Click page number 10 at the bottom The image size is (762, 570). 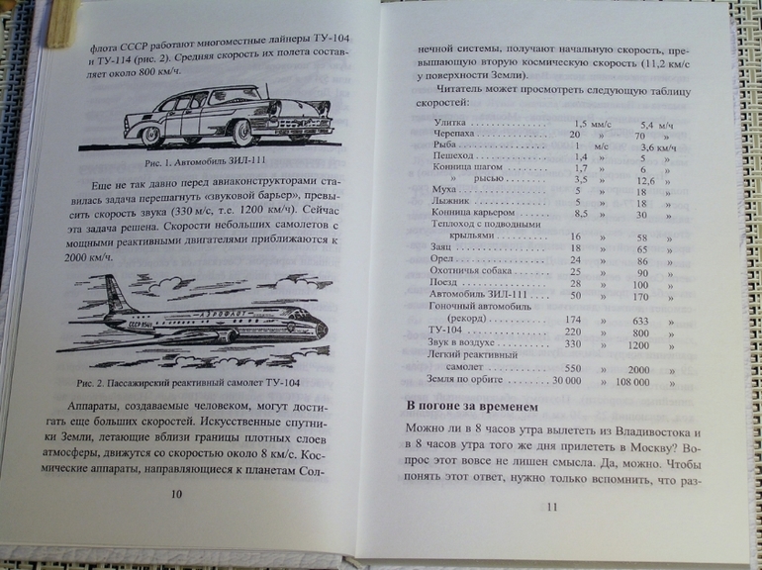point(177,493)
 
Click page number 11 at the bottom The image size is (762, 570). point(552,508)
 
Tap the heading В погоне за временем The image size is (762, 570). point(472,406)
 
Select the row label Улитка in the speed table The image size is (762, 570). point(451,122)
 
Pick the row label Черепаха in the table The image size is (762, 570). point(455,133)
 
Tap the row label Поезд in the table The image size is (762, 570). point(447,284)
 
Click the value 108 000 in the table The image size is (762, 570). point(637,380)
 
